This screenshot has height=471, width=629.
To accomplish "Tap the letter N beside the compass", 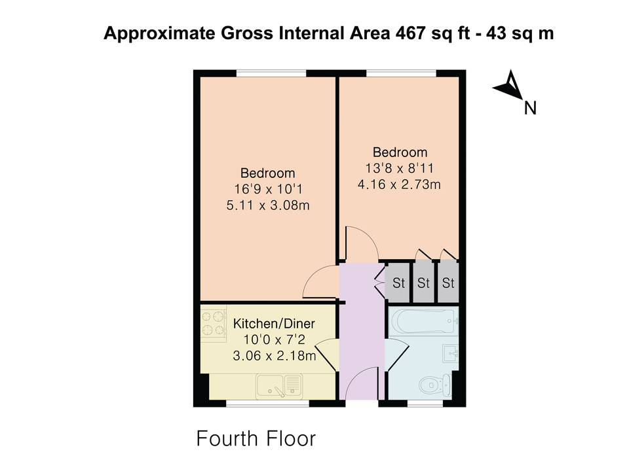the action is (x=530, y=108).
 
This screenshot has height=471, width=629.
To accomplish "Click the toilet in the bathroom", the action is (x=435, y=385).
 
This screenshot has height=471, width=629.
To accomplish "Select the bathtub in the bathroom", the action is (x=423, y=321).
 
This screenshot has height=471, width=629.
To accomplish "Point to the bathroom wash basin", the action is (x=451, y=353).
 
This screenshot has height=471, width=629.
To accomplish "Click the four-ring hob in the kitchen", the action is (x=213, y=324).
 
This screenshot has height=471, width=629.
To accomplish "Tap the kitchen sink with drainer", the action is (x=279, y=386).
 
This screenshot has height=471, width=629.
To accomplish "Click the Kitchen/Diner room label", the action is (x=274, y=323).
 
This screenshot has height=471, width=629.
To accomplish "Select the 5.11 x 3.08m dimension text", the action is (x=268, y=205).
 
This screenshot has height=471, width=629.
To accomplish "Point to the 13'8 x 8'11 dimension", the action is (x=399, y=168).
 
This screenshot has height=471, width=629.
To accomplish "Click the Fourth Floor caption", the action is (x=256, y=438).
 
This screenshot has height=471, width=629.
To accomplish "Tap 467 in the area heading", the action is (x=410, y=33).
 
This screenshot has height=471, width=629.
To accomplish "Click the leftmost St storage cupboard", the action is (x=398, y=283).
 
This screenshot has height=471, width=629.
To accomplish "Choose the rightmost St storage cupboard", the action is (x=448, y=283).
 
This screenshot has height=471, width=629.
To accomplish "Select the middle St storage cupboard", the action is (x=424, y=283).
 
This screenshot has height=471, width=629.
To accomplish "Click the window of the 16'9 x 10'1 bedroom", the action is (x=271, y=73).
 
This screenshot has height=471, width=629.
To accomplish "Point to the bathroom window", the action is (x=425, y=404).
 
